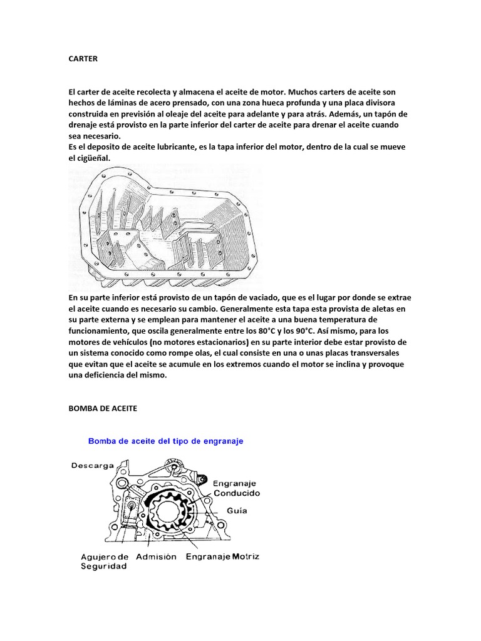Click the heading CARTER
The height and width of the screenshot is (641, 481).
click(x=83, y=58)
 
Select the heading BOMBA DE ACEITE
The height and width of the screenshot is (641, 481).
click(x=102, y=408)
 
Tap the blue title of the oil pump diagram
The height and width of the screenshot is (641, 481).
click(x=165, y=441)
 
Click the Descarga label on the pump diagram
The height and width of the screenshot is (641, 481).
click(x=92, y=465)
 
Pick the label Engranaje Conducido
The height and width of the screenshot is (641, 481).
click(x=236, y=488)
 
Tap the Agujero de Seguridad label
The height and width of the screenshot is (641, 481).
click(x=105, y=561)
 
